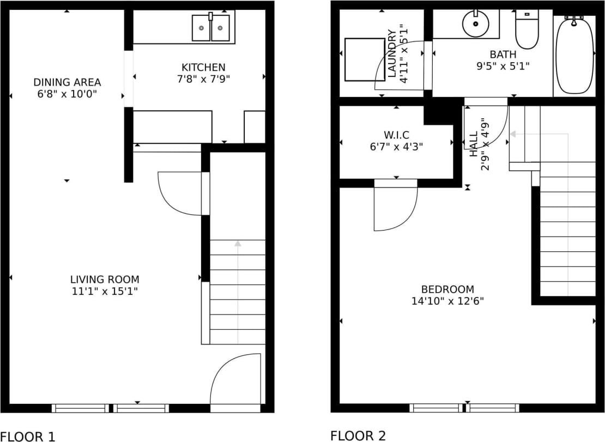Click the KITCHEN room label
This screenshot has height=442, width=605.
point(203,68)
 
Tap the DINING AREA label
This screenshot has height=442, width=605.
point(67,82)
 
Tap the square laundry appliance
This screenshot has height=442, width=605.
point(365,59)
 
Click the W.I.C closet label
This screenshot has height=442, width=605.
point(396,134)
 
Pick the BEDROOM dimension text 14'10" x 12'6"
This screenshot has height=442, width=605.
point(447,301)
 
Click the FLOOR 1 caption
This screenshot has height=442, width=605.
point(28,436)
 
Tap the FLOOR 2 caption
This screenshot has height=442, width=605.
point(358,435)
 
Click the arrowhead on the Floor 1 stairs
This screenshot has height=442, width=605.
point(238,244)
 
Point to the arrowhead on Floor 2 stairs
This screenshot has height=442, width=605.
point(513,134)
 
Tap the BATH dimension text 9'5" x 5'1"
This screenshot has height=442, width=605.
point(503,66)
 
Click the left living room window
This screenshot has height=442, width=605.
point(80,408)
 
